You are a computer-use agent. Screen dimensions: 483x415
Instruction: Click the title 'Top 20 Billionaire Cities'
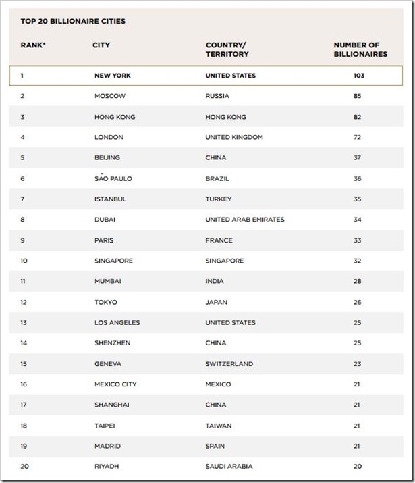click(68, 22)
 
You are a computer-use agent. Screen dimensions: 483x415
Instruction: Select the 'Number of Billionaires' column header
click(360, 49)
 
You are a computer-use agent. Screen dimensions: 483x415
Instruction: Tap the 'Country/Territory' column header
click(227, 49)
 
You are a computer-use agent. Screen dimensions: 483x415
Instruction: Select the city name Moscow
click(110, 96)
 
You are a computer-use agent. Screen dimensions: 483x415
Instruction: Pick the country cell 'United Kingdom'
click(234, 137)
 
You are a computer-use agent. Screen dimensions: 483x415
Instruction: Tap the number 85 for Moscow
click(357, 96)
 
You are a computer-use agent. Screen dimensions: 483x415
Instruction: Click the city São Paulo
click(113, 178)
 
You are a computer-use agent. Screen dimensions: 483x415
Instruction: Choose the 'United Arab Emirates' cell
click(245, 220)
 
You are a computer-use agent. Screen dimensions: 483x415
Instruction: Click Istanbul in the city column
click(111, 199)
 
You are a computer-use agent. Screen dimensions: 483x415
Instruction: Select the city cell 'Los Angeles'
click(118, 322)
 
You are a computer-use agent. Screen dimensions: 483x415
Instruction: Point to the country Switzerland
click(229, 363)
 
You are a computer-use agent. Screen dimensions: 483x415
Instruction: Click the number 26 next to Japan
click(357, 302)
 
